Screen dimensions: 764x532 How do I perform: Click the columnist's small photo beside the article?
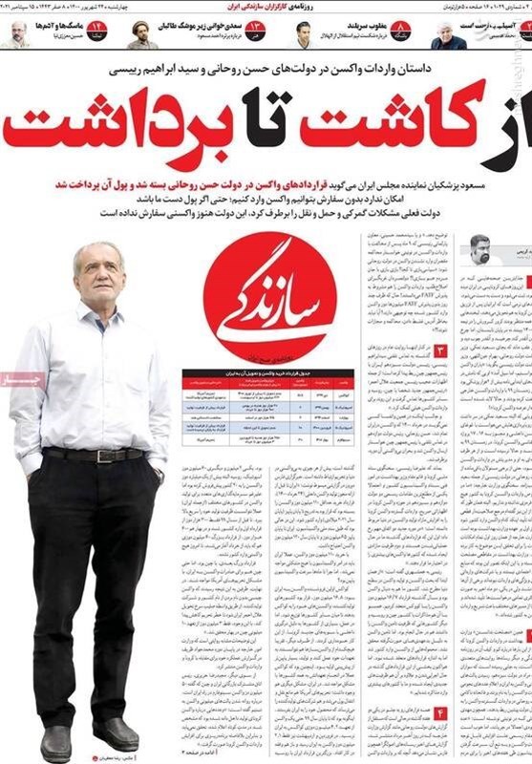480,250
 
